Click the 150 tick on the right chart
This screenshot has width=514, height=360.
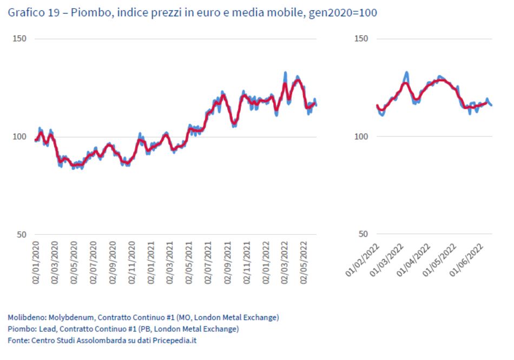click(361, 39)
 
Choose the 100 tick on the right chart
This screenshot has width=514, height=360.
click(361, 137)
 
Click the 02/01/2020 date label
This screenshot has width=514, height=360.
click(36, 264)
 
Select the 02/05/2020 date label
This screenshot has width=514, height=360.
click(75, 264)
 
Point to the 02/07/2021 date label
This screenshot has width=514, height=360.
click(208, 264)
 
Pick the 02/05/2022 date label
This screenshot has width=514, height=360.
click(305, 264)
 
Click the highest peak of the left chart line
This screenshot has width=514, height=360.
click(286, 73)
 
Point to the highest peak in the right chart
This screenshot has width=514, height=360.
click(406, 73)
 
